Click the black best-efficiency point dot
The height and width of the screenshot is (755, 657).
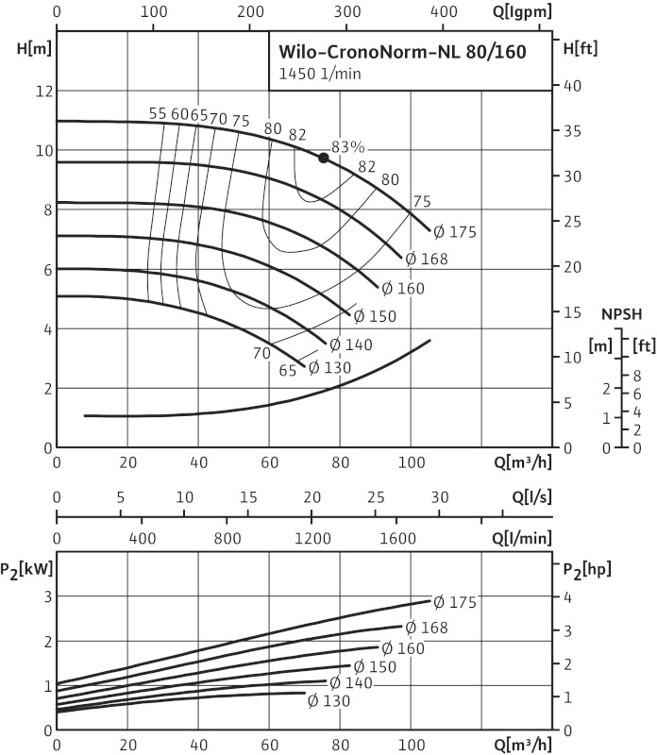tap(324, 158)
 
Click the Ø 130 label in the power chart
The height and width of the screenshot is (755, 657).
tap(328, 701)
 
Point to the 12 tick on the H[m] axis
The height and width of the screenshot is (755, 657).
tap(40, 91)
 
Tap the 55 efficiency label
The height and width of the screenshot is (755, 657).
tap(158, 114)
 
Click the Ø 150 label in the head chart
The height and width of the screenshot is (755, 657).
tap(375, 316)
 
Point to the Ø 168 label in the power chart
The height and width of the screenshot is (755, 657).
tap(427, 628)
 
